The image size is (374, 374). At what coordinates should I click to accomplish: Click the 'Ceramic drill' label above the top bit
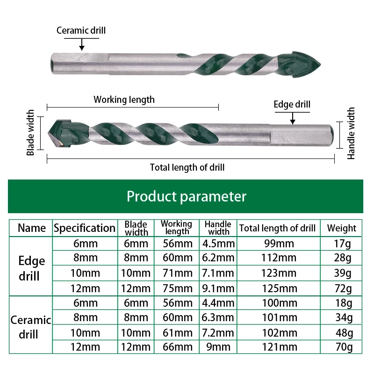pyautogui.click(x=81, y=31)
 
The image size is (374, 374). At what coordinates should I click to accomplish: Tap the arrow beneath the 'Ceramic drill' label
pyautogui.click(x=82, y=44)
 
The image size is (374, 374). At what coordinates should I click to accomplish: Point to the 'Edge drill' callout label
pyautogui.click(x=292, y=104)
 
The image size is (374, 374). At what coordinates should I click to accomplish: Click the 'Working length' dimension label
pyautogui.click(x=124, y=99)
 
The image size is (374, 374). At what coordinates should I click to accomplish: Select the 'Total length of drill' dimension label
pyautogui.click(x=187, y=167)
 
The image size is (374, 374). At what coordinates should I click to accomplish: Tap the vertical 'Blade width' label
pyautogui.click(x=31, y=133)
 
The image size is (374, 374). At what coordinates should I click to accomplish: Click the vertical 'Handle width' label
pyautogui.click(x=351, y=133)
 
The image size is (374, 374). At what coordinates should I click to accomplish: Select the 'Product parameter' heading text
pyautogui.click(x=186, y=196)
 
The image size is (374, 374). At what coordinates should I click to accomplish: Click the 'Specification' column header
pyautogui.click(x=85, y=228)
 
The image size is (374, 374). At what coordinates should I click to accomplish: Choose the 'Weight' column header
pyautogui.click(x=341, y=228)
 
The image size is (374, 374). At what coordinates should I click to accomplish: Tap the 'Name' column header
pyautogui.click(x=32, y=228)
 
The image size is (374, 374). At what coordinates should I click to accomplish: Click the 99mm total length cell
pyautogui.click(x=279, y=244)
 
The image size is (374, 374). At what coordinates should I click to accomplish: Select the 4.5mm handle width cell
pyautogui.click(x=218, y=244)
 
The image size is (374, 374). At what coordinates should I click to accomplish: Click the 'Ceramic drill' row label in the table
pyautogui.click(x=31, y=327)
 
